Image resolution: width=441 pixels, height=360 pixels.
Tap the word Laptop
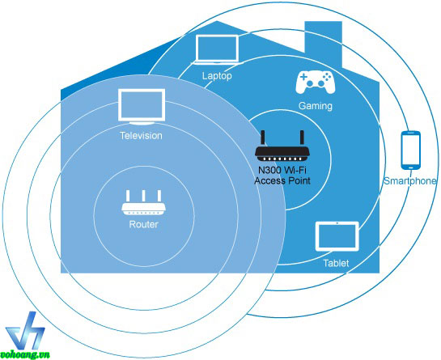[x=217, y=76]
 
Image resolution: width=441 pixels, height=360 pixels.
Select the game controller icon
[x=315, y=83]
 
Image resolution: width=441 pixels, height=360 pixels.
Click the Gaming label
[x=316, y=106]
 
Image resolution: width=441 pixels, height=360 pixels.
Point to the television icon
[x=142, y=107]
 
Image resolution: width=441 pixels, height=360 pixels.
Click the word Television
[x=141, y=136]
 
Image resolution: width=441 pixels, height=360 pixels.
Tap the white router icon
[x=143, y=202]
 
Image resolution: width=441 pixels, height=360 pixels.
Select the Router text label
[x=143, y=224]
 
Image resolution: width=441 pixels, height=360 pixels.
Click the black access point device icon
[x=282, y=146]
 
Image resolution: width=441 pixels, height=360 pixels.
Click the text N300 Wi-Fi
[x=282, y=170]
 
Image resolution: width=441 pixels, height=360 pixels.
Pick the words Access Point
[x=282, y=180]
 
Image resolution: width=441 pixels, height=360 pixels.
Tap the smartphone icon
[x=411, y=150]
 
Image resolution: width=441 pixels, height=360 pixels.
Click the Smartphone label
[x=410, y=181]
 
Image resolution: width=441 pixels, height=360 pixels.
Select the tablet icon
[x=337, y=236]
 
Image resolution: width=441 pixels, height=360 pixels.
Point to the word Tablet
[x=336, y=263]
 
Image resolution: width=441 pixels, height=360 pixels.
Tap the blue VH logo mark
[x=25, y=330]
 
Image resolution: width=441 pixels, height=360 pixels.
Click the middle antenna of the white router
[x=143, y=196]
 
